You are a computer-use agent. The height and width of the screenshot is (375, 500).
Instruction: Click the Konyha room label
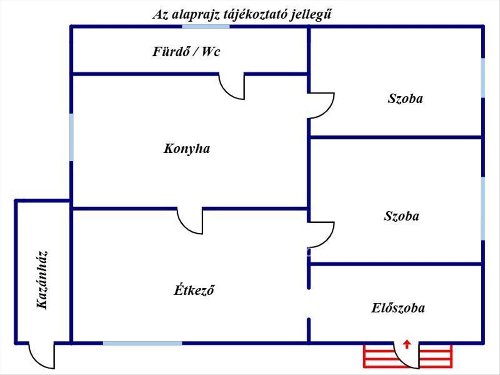coord(187,149)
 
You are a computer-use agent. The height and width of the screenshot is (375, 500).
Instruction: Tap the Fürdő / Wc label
coord(186,52)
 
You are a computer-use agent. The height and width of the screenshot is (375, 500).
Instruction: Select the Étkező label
coord(193,290)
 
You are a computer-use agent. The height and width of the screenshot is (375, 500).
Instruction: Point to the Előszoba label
coord(398,308)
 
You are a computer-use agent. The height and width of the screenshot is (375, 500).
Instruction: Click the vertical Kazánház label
coord(42,280)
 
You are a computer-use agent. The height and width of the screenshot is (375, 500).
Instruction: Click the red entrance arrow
coord(407,344)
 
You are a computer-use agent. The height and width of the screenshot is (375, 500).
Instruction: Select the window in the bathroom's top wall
coord(206,26)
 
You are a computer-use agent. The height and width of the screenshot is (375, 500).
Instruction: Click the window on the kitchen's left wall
coord(71,137)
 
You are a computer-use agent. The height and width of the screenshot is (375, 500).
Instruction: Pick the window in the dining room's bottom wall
coord(142,343)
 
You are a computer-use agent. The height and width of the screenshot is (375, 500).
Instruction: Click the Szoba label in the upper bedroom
coord(405,99)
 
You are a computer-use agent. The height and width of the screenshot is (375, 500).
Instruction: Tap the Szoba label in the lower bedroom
coord(402,216)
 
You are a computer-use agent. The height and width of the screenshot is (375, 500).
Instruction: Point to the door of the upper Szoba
coord(321,105)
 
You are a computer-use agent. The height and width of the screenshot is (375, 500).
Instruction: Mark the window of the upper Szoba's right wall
coord(483,78)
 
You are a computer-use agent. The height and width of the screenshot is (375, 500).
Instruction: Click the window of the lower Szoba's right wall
coord(483,208)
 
